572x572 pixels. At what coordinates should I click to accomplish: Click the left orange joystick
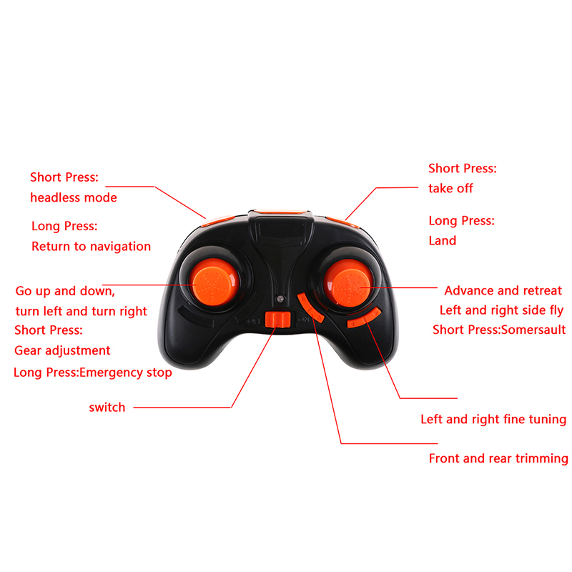[x=215, y=282]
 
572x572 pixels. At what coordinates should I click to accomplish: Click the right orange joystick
[x=347, y=282]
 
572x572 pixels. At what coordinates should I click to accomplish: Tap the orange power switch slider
[x=277, y=320]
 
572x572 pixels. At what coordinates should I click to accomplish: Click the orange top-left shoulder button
[x=218, y=220]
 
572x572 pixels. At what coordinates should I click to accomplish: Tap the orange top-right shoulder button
[x=342, y=222]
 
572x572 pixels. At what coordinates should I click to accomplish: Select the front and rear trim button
[x=310, y=307]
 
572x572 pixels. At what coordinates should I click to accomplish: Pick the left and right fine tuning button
[x=364, y=317]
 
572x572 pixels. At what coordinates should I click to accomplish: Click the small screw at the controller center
[x=280, y=299]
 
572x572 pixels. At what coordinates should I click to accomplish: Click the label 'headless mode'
[x=74, y=197]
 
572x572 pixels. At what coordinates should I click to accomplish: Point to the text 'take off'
[x=450, y=188]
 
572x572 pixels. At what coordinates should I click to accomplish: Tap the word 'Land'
[x=442, y=240]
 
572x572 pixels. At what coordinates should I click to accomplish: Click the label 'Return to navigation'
[x=91, y=246]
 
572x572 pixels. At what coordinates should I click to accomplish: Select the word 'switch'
[x=107, y=407]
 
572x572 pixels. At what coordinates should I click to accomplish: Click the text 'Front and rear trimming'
[x=498, y=458]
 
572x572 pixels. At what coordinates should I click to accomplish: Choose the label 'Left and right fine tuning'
[x=493, y=419]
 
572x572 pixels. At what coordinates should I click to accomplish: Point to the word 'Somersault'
[x=533, y=330]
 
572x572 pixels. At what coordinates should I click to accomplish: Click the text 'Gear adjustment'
[x=62, y=350]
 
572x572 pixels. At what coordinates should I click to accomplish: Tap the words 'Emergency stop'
[x=126, y=373]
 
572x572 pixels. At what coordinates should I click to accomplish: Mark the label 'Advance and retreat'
[x=503, y=290]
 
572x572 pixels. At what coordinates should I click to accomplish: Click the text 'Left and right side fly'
[x=502, y=310]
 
